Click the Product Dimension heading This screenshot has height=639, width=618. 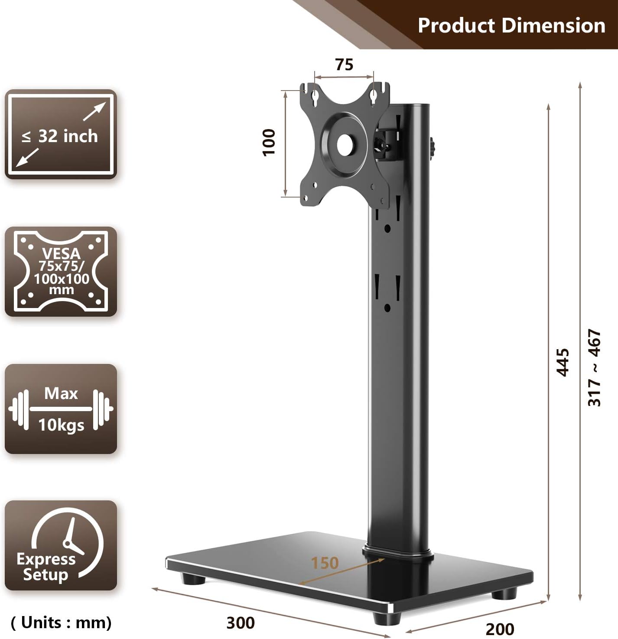point(511,25)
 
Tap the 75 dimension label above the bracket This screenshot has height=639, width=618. point(344,65)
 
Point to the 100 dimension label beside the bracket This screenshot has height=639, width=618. point(269,142)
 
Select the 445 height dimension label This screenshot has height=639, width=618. point(563,362)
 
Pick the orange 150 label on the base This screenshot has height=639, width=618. point(325,563)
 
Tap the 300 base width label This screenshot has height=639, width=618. point(241,623)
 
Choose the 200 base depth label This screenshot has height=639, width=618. point(500,629)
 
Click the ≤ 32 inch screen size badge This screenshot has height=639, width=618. point(61,134)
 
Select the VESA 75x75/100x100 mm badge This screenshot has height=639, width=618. point(61,272)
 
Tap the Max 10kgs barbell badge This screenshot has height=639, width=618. point(61,409)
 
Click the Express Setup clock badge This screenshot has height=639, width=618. point(61,545)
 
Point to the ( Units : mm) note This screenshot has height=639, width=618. point(61,623)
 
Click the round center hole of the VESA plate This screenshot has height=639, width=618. point(345,145)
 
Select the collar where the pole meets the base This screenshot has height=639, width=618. point(398,554)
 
